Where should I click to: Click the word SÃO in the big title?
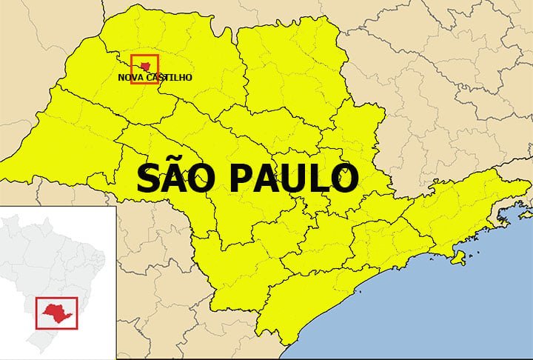[173, 179]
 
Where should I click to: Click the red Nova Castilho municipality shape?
[145, 66]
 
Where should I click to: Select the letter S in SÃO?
[148, 179]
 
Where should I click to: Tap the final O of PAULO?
[346, 179]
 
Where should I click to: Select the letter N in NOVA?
[121, 77]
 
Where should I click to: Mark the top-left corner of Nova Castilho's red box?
[131, 55]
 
